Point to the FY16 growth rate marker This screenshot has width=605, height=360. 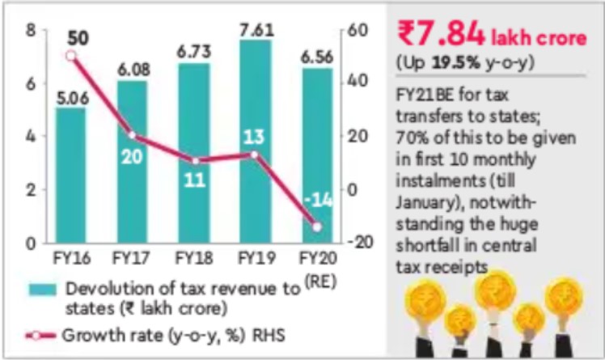click(70, 56)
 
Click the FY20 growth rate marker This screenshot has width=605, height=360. click(316, 227)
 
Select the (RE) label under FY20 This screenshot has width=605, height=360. click(320, 280)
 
